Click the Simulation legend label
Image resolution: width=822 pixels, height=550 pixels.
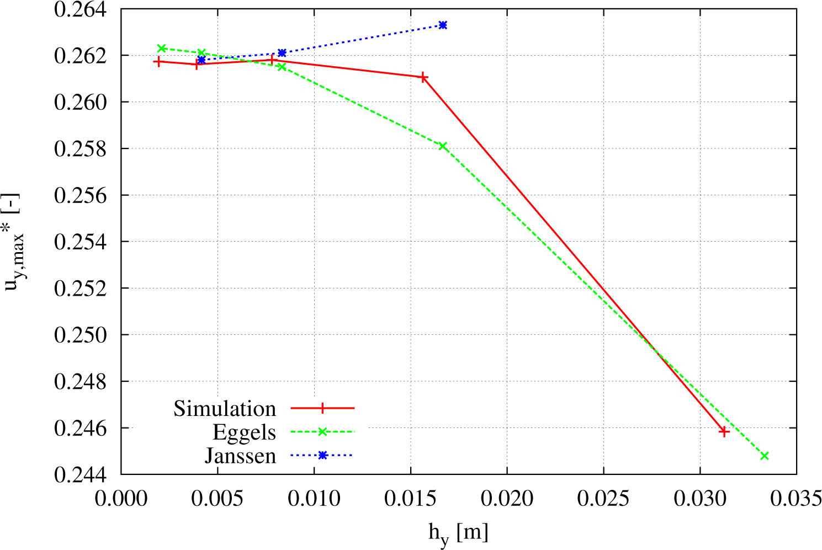click(x=224, y=408)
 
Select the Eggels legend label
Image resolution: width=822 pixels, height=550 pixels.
click(x=244, y=432)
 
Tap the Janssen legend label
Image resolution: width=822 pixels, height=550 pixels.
click(x=240, y=456)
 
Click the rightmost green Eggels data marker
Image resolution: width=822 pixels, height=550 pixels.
click(x=765, y=456)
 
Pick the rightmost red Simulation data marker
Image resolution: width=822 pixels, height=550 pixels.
click(x=724, y=431)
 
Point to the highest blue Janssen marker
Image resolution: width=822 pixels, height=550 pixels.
click(x=443, y=25)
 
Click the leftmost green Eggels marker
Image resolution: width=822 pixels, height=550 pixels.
click(x=162, y=48)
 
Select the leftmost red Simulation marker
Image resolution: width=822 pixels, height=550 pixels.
click(x=158, y=62)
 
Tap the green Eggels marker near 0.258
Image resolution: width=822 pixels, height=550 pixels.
click(x=443, y=146)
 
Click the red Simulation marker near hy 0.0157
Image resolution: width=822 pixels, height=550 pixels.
click(x=423, y=77)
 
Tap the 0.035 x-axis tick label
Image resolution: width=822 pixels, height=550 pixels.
click(x=796, y=499)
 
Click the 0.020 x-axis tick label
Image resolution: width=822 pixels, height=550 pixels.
click(x=507, y=499)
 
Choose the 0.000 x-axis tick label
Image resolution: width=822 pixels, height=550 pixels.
click(x=121, y=499)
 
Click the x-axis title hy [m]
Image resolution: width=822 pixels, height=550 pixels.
click(x=458, y=533)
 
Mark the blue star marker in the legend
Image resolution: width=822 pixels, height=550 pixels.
click(x=323, y=455)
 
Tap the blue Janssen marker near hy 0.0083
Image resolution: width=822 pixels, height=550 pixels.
click(x=282, y=53)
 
